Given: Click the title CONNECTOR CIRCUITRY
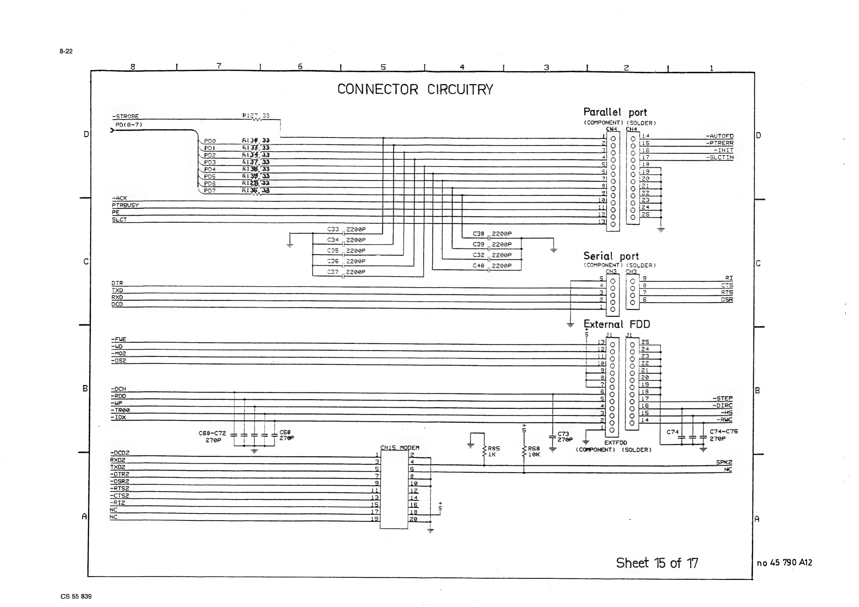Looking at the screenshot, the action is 415,89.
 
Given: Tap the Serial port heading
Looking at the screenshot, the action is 611,256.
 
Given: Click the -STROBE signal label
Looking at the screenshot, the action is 126,117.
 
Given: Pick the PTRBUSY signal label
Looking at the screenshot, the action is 125,205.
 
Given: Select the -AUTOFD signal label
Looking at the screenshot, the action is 719,136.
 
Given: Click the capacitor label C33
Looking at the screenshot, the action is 333,230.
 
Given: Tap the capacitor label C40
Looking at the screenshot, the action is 478,266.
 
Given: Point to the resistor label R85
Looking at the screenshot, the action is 494,448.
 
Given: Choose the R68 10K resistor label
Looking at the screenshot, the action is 534,451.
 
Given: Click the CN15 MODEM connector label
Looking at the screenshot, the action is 400,447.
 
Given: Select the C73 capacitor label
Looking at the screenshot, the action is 563,434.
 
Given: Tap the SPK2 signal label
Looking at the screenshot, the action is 724,462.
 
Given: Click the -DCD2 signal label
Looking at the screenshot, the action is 120,453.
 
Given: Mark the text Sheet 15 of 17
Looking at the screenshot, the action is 657,563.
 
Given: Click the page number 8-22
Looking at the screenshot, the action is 66,51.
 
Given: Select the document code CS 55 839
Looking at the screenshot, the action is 76,596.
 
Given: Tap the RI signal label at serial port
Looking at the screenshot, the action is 729,278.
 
